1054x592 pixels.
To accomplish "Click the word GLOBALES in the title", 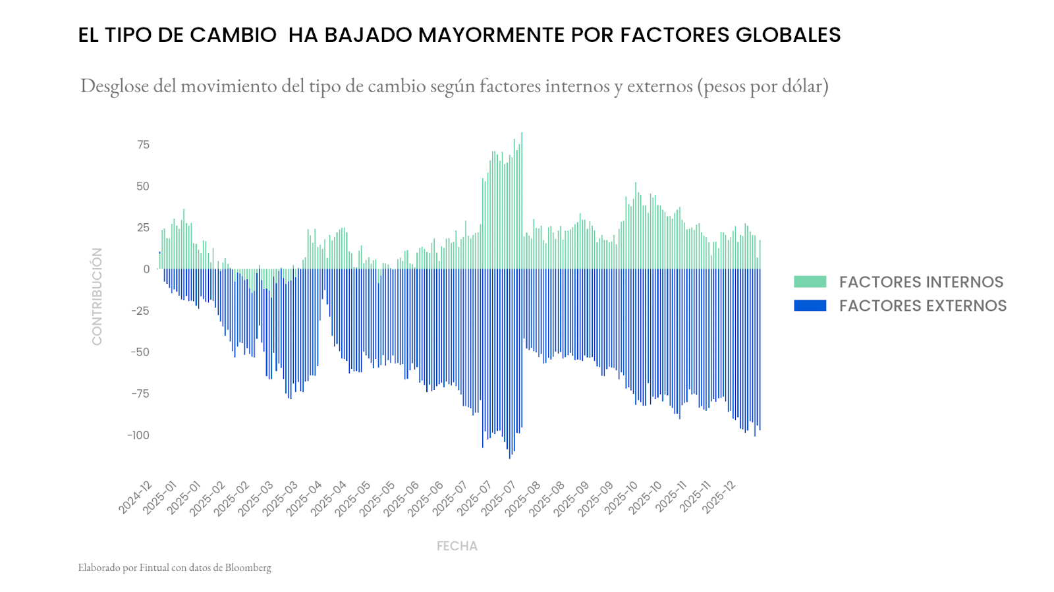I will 788,35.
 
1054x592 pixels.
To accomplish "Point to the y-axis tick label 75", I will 143,145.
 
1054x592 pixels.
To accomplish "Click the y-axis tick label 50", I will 143,186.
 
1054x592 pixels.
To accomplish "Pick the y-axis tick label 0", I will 146,269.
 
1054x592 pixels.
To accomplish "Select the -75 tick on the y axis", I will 139,394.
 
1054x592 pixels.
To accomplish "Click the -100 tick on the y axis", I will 138,435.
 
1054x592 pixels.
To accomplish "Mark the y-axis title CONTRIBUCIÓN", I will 97,296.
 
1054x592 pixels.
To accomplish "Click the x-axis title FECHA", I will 457,546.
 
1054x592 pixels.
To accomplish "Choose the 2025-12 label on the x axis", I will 719,498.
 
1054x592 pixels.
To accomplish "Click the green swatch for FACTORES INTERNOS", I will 810,282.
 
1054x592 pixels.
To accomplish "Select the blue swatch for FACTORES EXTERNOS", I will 810,306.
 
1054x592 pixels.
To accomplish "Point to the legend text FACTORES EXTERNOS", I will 922,306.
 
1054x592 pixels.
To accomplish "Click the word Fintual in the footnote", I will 154,568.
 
